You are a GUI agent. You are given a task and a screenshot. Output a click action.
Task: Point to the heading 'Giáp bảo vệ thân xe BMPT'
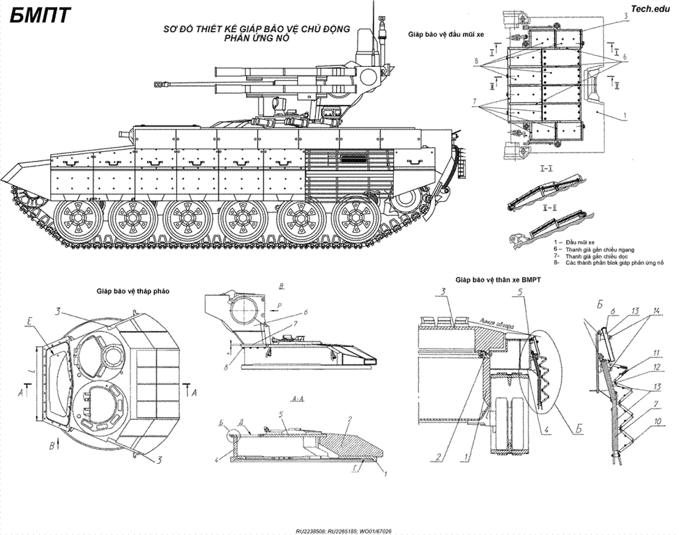point(498,279)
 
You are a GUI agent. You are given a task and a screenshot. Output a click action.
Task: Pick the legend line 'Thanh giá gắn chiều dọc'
point(593,256)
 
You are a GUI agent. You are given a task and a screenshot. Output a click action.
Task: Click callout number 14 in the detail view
point(657,310)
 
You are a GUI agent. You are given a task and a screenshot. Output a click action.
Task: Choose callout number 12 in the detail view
point(656,366)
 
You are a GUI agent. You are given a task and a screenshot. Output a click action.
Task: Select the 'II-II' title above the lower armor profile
point(549,208)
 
